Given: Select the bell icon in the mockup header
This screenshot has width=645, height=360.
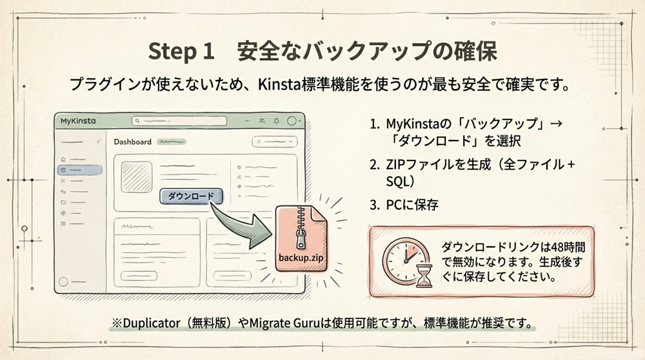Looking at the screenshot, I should tap(276, 121).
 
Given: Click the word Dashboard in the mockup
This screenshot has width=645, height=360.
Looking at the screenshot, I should tap(132, 142).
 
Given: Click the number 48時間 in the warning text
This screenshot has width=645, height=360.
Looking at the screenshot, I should tap(566, 248).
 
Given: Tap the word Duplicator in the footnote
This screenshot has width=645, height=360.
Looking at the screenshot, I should tap(152, 323).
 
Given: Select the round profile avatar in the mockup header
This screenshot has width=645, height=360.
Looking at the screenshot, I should tap(293, 121).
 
